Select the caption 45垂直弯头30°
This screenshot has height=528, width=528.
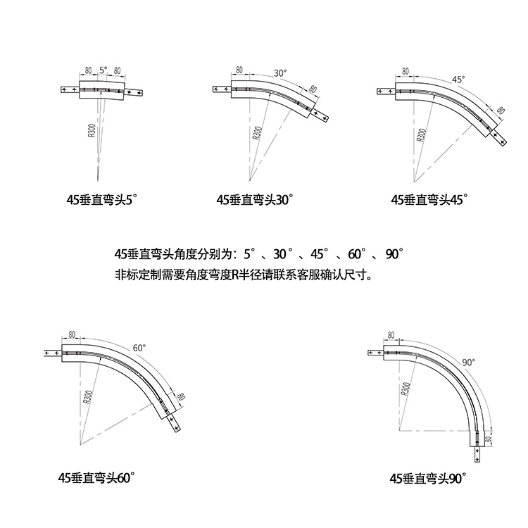click(254, 200)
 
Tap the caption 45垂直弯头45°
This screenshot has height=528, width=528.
click(429, 200)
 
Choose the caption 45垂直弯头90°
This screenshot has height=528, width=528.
click(429, 478)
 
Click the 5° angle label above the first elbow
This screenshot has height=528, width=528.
click(103, 70)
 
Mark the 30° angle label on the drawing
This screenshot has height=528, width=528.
click(280, 73)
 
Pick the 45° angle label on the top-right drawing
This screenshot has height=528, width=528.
click(458, 80)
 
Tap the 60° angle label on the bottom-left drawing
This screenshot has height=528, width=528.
click(139, 348)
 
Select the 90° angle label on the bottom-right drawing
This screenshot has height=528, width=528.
click(469, 362)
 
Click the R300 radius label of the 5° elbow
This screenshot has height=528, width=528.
click(92, 130)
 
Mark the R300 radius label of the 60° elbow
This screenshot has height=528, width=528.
click(87, 398)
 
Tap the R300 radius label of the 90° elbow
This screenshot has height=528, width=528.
click(406, 389)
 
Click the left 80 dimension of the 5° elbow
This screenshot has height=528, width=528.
click(88, 70)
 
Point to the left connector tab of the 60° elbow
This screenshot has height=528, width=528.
click(52, 353)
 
